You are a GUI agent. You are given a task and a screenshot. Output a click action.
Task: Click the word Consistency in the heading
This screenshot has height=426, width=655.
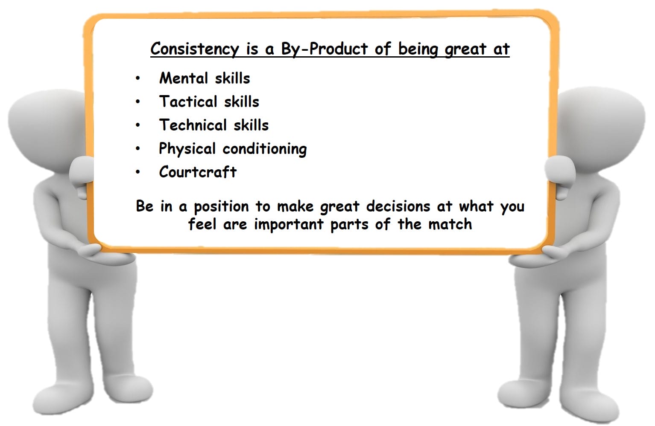pos(195,49)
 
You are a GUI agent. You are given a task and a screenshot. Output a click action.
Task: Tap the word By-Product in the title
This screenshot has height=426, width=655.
pos(325,49)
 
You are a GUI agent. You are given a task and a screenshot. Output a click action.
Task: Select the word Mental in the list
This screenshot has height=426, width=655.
pos(184,78)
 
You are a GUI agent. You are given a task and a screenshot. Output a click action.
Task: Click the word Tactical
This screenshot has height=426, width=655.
pos(188,101)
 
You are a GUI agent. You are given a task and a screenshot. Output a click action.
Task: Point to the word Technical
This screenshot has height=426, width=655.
pos(193,125)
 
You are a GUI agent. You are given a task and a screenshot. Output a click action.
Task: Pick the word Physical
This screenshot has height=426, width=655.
pos(187,149)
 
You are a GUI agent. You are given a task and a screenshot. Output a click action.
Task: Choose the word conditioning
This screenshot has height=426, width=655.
pos(265,149)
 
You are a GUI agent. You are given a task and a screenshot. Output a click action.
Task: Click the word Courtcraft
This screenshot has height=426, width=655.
pos(198,172)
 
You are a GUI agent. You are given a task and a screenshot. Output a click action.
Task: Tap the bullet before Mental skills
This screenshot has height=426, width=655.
pos(138,78)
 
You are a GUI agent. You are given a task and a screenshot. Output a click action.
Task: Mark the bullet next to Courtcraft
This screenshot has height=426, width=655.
pos(138,172)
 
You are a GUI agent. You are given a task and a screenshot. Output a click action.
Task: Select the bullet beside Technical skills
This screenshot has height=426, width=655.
pos(138,125)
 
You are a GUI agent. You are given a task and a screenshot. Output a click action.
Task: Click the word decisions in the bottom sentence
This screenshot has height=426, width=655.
pos(398,206)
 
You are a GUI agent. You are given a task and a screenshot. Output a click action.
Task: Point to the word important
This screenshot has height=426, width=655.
pos(289,225)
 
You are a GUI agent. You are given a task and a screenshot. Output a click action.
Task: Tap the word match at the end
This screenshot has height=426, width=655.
pos(450,224)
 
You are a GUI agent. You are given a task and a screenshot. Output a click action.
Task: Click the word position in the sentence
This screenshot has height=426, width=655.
pos(221,207)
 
